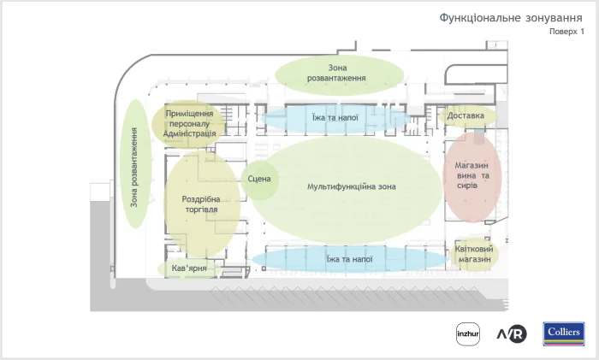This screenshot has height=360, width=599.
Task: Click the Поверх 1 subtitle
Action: click(566, 32)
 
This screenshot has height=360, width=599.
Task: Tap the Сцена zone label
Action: click(258, 179)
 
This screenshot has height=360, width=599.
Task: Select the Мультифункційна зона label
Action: click(351, 186)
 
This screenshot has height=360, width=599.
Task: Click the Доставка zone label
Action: click(466, 115)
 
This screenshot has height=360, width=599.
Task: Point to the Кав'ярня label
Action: click(190, 269)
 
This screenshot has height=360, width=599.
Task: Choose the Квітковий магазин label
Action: click(473, 254)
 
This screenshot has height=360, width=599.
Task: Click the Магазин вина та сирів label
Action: click(471, 176)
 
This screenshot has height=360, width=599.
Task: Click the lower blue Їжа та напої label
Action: click(349, 258)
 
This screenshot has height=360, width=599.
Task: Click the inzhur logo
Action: click(466, 333)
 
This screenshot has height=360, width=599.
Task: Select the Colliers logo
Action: click(563, 333)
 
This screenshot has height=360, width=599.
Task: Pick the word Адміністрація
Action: click(190, 133)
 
